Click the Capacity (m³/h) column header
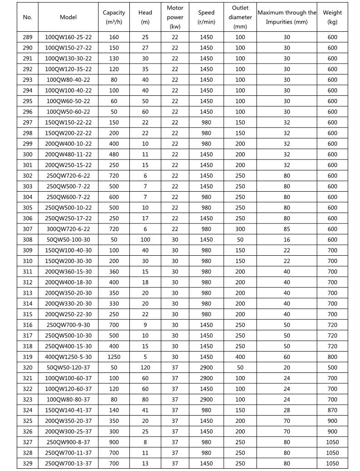click(114, 17)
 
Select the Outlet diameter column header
click(240, 17)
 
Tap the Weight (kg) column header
click(332, 17)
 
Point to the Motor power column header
click(175, 17)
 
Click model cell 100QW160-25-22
click(69, 37)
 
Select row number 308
click(28, 240)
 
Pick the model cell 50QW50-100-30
click(69, 240)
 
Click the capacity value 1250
click(114, 357)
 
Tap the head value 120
click(145, 367)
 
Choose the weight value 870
click(332, 410)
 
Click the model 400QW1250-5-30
click(69, 357)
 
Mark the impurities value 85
click(286, 229)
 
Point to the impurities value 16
click(286, 240)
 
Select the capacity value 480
click(114, 154)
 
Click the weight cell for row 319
click(332, 357)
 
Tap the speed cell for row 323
click(206, 400)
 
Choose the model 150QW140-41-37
click(69, 410)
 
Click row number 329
click(28, 463)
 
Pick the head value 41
click(145, 410)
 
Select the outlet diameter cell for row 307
click(240, 229)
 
